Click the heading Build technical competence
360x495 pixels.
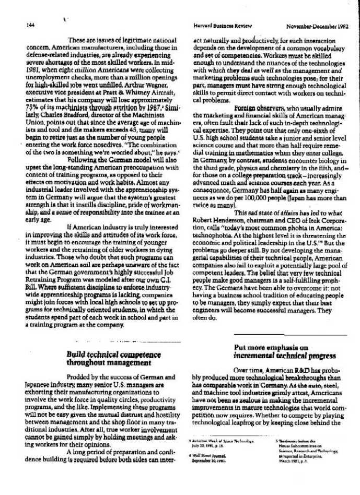(x=113, y=355)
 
